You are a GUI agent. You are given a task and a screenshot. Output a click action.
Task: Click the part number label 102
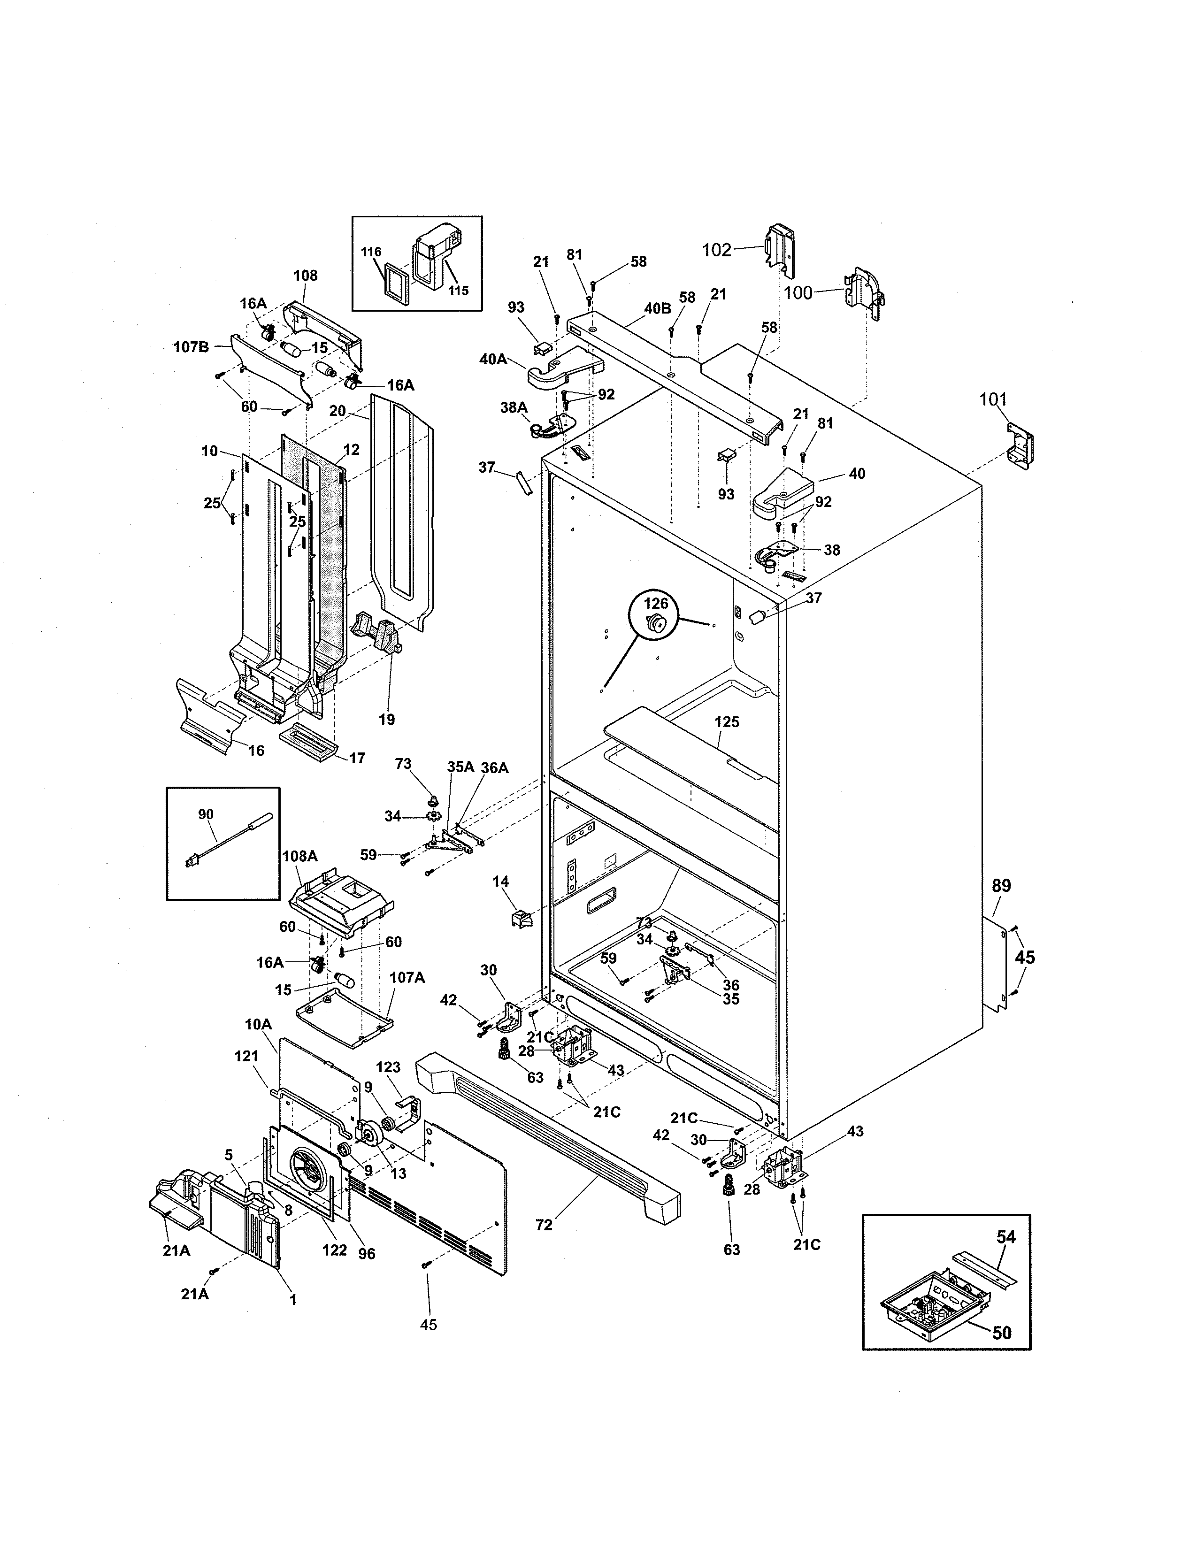coord(716,250)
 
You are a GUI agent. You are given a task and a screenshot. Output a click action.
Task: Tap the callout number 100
coord(798,292)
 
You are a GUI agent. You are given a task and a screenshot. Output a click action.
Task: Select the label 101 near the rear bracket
coord(993,399)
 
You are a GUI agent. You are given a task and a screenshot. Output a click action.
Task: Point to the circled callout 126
coord(656,603)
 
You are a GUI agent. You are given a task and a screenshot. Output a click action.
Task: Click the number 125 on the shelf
coord(727,722)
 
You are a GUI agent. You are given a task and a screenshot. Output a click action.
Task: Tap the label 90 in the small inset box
coord(206,814)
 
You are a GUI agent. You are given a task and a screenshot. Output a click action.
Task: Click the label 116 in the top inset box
coord(371,252)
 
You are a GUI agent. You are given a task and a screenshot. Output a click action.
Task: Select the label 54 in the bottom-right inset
coord(1005,1237)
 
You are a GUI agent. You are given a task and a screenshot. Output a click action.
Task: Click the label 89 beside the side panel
coord(1001,885)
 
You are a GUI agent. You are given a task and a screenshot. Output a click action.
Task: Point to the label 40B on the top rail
coord(657,308)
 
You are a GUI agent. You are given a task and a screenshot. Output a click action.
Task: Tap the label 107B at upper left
coord(192,347)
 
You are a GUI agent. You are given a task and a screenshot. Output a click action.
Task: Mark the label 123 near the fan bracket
coord(388,1067)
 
